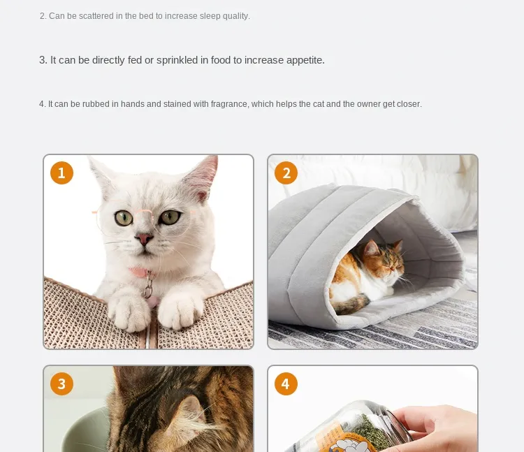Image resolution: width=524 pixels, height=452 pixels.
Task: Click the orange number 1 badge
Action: (61, 173)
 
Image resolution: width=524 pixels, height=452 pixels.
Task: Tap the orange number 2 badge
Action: (286, 173)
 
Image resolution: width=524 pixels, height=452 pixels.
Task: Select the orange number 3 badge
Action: (61, 384)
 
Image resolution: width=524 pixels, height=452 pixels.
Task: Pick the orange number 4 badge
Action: (286, 384)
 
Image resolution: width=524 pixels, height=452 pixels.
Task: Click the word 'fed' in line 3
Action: (135, 61)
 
